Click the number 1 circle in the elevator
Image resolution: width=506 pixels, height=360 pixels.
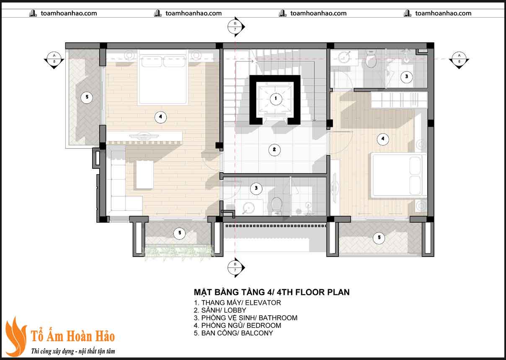click(276, 99)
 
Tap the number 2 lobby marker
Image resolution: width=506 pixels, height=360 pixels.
click(274, 150)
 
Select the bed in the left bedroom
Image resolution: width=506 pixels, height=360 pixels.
click(163, 77)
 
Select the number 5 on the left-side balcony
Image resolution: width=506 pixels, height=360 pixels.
click(87, 98)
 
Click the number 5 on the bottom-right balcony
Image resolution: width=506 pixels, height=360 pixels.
click(379, 238)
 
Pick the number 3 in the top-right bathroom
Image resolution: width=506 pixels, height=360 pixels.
click(405, 77)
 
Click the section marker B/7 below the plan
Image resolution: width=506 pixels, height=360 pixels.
click(235, 267)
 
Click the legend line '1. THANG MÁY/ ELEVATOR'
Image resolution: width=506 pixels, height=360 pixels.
click(237, 303)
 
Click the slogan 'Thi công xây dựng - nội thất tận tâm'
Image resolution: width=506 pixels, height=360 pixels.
click(73, 351)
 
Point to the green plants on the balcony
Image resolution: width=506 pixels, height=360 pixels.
click(178, 251)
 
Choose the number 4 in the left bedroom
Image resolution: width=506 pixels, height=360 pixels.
click(160, 117)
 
